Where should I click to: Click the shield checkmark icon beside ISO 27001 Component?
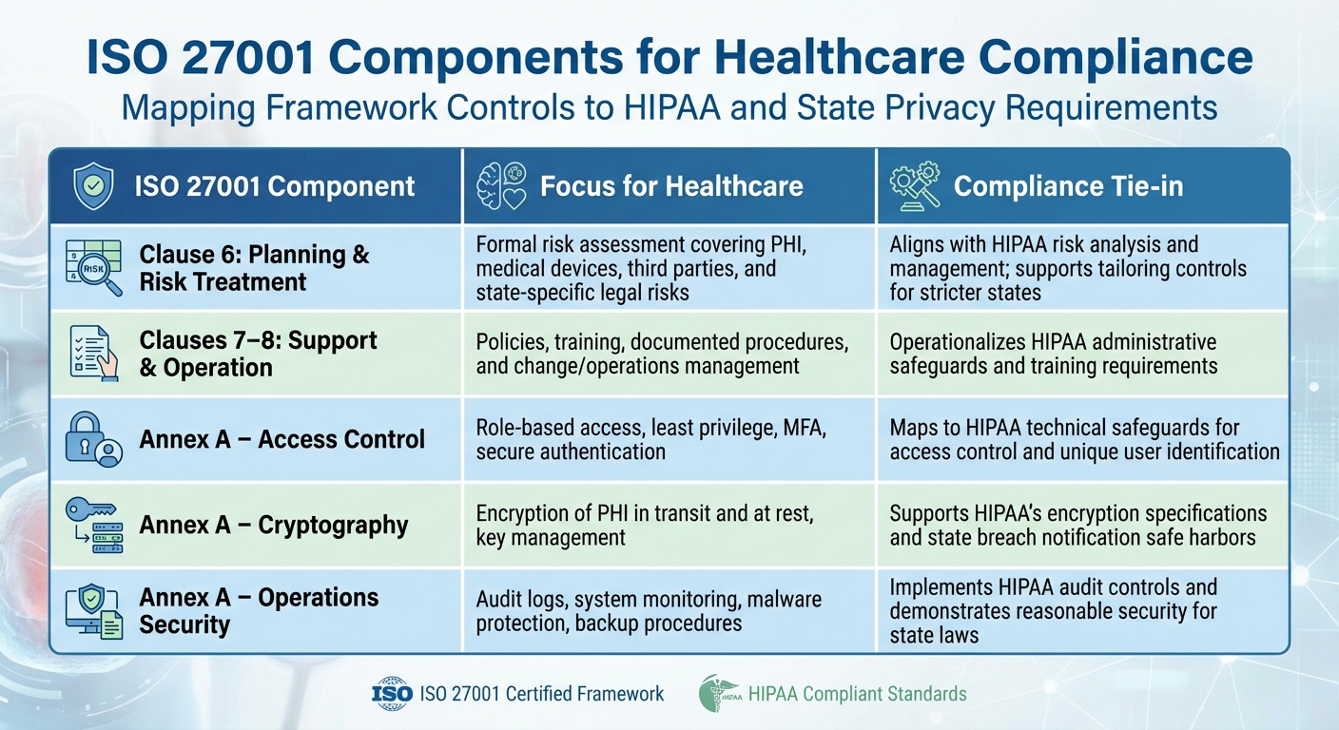click(93, 186)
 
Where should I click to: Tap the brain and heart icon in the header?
click(501, 186)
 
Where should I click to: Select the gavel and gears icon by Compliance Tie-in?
click(914, 186)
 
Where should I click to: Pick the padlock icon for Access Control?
click(93, 439)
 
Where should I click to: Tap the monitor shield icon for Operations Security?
click(93, 611)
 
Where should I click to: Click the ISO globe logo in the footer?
click(392, 694)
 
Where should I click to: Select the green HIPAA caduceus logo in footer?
click(717, 694)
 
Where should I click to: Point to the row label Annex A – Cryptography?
click(274, 526)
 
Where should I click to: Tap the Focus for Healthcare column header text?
click(671, 186)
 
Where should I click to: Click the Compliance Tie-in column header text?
click(1068, 186)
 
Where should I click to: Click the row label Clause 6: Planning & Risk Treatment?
click(254, 268)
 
